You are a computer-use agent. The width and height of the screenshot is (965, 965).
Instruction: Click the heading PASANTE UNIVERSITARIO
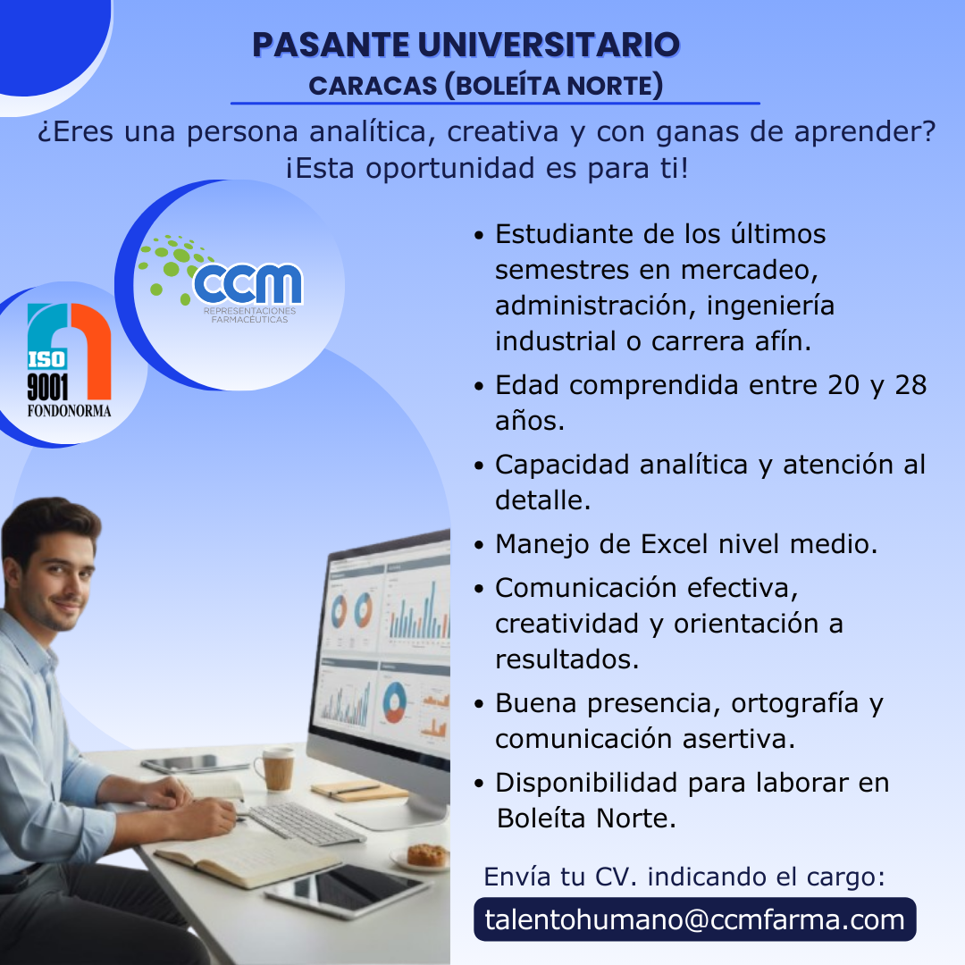[x=466, y=45]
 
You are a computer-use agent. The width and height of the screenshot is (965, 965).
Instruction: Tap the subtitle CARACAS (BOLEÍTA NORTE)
[x=485, y=86]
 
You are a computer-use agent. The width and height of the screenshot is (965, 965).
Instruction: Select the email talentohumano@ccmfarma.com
[x=695, y=919]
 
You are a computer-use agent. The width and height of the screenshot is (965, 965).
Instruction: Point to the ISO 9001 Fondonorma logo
[x=69, y=361]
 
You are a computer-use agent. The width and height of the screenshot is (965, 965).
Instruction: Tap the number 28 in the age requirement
[x=910, y=385]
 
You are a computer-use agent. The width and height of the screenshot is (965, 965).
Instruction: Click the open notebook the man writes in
[x=249, y=855]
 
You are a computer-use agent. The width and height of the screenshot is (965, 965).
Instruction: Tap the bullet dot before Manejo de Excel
[x=480, y=545]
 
